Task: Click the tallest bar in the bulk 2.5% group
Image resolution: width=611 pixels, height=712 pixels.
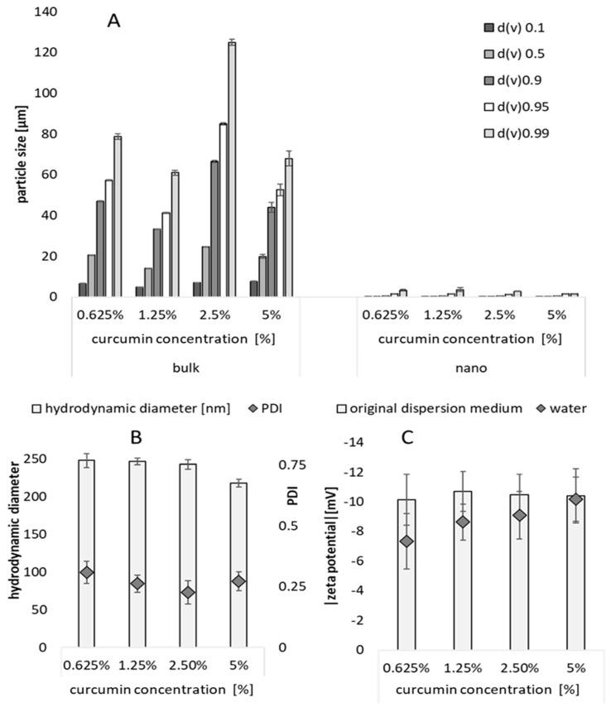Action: point(232,169)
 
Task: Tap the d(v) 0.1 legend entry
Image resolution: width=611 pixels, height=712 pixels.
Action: point(515,28)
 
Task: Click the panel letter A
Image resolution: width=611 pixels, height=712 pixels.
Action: point(114,21)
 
